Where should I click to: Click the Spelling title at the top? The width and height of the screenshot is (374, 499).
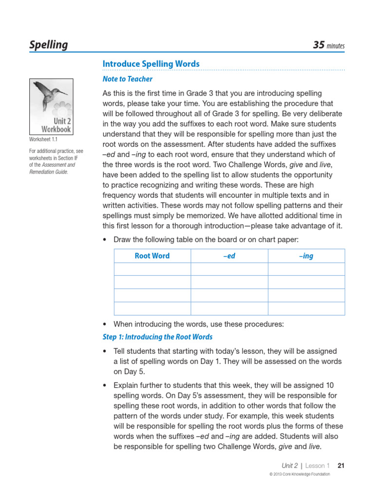[x=49, y=45]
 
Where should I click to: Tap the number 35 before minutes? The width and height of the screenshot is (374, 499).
[x=318, y=45]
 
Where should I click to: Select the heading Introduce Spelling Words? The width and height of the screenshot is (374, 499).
[x=151, y=64]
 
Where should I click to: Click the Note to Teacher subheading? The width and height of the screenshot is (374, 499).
[x=128, y=79]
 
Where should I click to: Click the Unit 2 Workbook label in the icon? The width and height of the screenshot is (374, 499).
[x=56, y=125]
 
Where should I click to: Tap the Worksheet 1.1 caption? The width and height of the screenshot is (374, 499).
[x=43, y=139]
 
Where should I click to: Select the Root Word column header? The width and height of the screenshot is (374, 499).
[x=152, y=256]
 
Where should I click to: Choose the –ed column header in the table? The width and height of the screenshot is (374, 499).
[x=229, y=256]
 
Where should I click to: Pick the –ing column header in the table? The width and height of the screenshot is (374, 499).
[x=306, y=256]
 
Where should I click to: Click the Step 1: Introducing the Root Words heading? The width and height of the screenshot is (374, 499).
[x=158, y=337]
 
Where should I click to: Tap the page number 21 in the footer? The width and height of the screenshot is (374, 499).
[x=341, y=465]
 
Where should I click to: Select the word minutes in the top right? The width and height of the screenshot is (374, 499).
[x=336, y=46]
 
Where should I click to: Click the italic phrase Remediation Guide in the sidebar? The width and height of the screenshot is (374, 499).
[x=48, y=172]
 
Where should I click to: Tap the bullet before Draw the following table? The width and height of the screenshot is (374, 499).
[x=105, y=240]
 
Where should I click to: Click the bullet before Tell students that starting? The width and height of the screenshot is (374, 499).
[x=105, y=351]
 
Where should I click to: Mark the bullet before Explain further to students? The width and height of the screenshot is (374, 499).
[x=105, y=385]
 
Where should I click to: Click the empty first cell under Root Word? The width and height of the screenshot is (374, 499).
[x=152, y=269]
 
